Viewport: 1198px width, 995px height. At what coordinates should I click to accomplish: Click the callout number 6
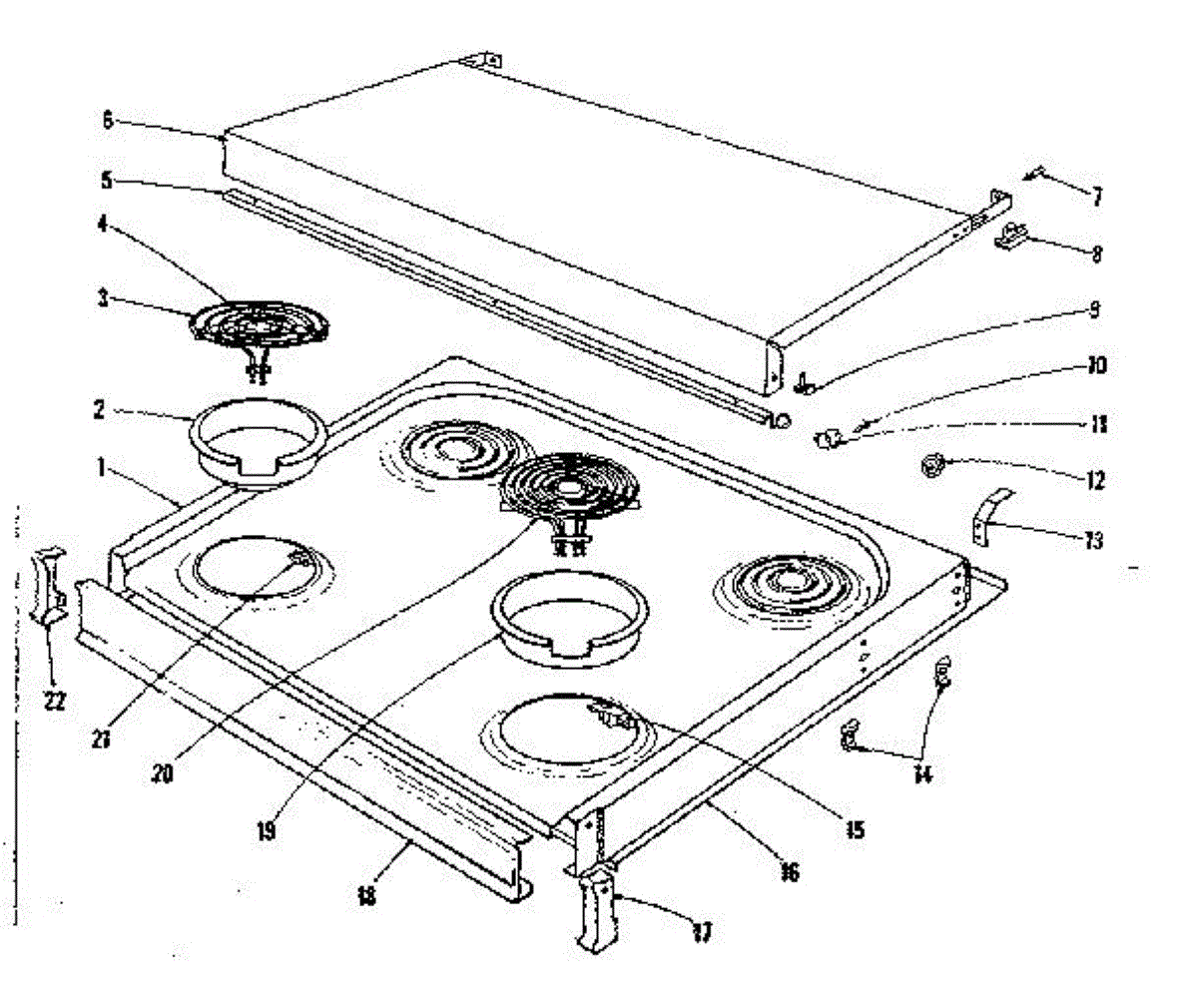click(108, 120)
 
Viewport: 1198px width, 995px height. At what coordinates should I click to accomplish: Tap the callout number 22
click(54, 700)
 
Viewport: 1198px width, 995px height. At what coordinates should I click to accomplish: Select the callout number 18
click(366, 895)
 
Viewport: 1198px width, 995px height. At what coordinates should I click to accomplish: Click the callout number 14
click(922, 773)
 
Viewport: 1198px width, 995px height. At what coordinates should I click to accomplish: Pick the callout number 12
click(1095, 481)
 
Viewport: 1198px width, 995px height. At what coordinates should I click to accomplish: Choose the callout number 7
click(1096, 197)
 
